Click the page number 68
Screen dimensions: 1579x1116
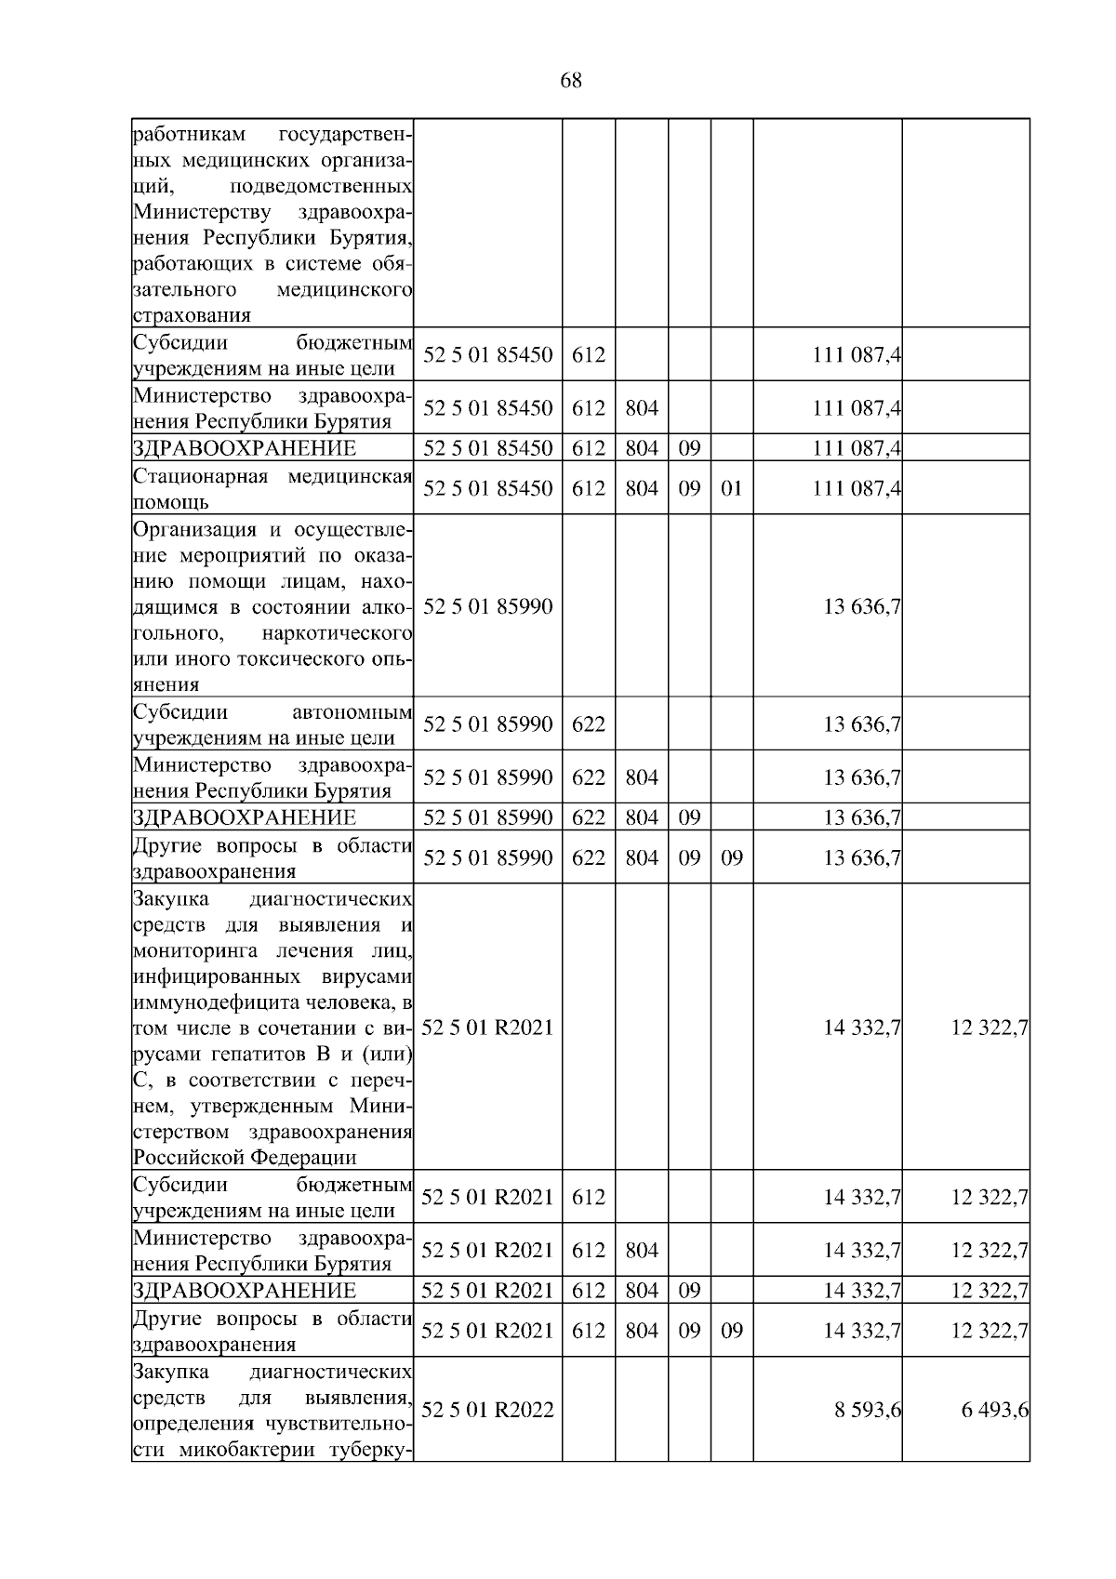571,81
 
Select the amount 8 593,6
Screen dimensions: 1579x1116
868,1410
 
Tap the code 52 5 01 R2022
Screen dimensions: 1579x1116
487,1410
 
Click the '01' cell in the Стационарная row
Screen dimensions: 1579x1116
732,488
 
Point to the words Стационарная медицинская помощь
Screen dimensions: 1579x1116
272,489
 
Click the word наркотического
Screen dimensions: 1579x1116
337,634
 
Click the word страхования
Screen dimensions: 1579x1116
192,315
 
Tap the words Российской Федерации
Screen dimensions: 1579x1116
245,1158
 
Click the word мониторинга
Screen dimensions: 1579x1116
198,950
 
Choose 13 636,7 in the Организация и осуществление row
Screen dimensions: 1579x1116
862,607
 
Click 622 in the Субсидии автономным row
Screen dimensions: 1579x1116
588,723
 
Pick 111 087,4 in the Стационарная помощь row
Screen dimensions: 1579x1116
857,488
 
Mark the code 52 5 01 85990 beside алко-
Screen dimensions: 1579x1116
487,607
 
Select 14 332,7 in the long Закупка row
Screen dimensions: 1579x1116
862,1028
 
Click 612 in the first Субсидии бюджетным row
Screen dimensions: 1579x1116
588,354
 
